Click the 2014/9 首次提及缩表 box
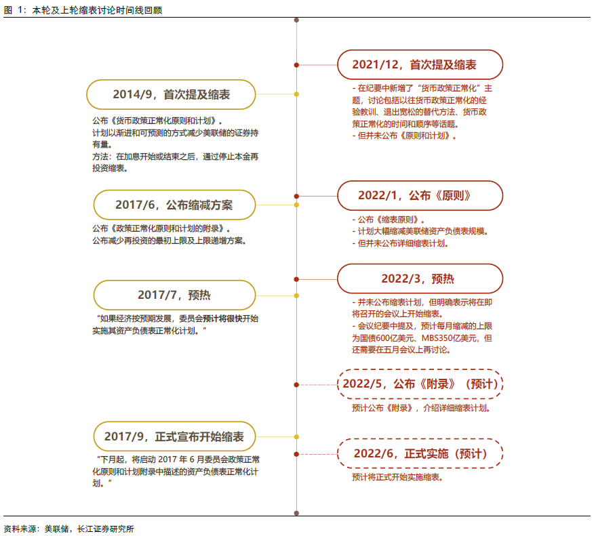(172, 94)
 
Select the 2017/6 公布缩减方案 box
(174, 205)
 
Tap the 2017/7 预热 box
(174, 295)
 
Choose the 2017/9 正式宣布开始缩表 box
(174, 436)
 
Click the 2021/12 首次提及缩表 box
(420, 64)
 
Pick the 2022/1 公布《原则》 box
(420, 195)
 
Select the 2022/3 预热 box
(420, 279)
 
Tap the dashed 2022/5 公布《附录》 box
(420, 384)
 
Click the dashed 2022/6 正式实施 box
(420, 453)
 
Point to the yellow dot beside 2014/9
(296, 94)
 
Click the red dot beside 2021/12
(296, 64)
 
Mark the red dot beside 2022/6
(296, 453)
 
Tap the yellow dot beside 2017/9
(296, 436)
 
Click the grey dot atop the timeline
(296, 20)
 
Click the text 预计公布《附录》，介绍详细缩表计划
(421, 408)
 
